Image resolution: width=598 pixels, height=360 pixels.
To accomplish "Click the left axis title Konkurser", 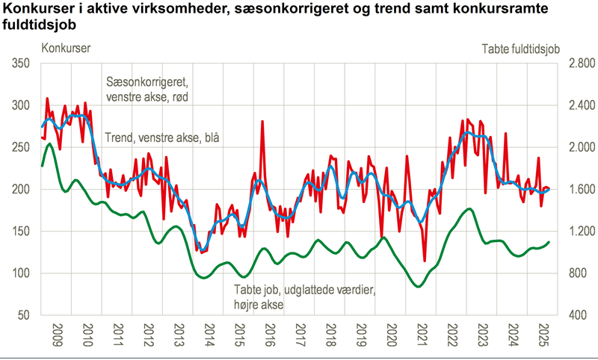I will click(x=67, y=49).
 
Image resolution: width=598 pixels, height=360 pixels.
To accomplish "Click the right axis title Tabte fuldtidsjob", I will click(x=520, y=49).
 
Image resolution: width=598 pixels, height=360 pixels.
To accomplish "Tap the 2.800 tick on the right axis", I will click(x=581, y=64).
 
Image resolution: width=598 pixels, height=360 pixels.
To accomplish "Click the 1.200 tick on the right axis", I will click(x=581, y=232).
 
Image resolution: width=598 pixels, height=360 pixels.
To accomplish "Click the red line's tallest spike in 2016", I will click(x=262, y=121).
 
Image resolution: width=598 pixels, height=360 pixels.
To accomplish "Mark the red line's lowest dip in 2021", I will click(x=425, y=261).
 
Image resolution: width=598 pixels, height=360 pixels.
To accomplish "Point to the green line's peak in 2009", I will click(x=49, y=144).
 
